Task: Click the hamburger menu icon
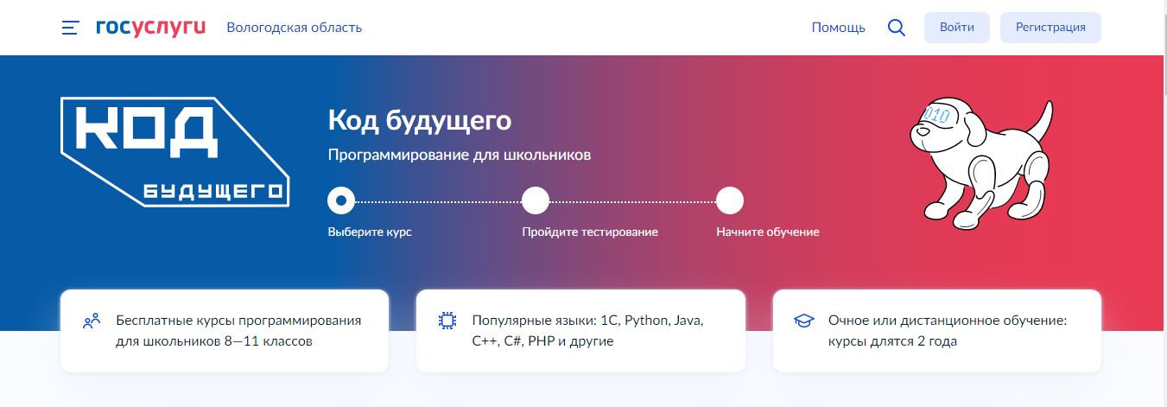click(70, 28)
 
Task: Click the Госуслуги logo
click(150, 28)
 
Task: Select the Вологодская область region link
click(294, 28)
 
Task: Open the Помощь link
click(838, 28)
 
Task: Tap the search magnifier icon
click(896, 28)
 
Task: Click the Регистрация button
click(1050, 28)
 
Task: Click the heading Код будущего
click(420, 121)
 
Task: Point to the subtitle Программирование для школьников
click(459, 155)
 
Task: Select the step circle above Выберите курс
click(341, 200)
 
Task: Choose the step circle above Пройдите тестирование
click(536, 200)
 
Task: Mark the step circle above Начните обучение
click(729, 200)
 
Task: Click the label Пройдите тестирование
click(590, 232)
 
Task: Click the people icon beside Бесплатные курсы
click(92, 321)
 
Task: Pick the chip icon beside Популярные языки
click(447, 321)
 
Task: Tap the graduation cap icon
click(803, 321)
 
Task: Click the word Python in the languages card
click(646, 321)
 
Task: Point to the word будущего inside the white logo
click(213, 192)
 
